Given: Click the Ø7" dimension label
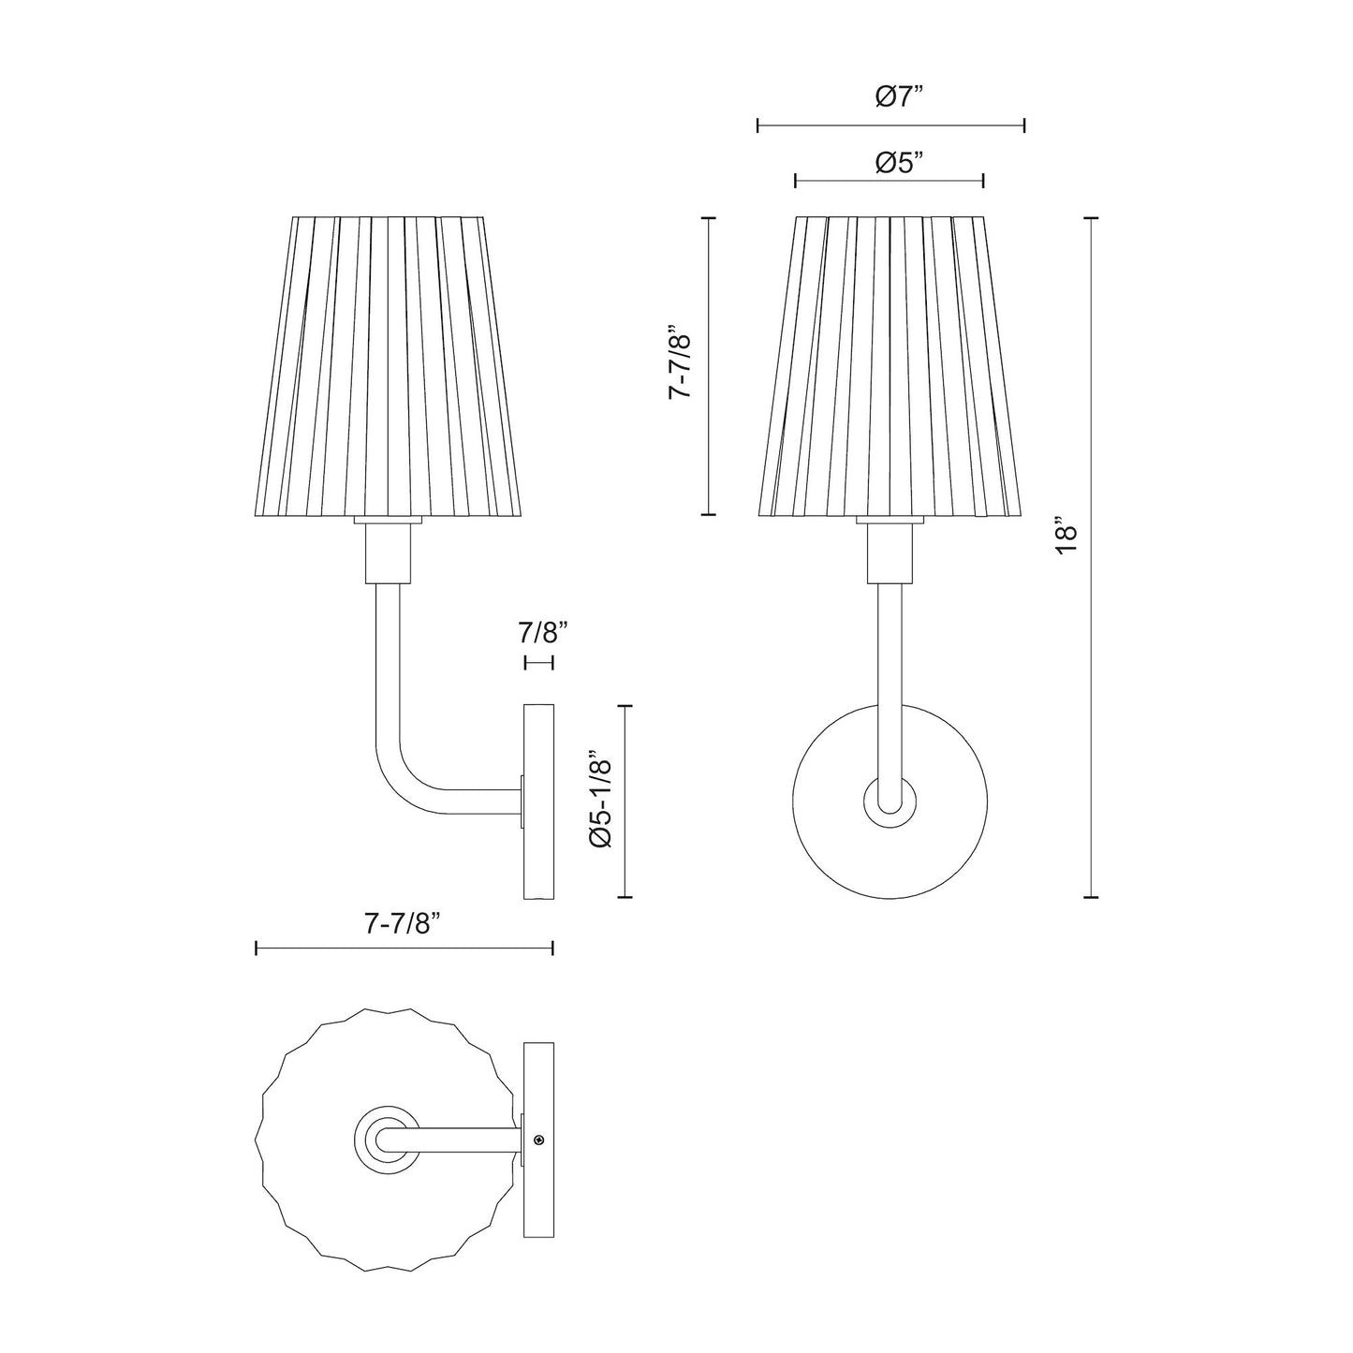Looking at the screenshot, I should tap(899, 96).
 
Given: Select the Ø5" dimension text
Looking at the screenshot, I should tap(899, 163).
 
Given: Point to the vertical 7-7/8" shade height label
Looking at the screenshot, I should tap(681, 364).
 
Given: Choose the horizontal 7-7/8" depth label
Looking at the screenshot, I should tap(402, 924).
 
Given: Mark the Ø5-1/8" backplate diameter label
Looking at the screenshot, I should tap(600, 802).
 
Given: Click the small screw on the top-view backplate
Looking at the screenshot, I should tap(539, 1140).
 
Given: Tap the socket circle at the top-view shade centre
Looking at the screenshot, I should tap(385, 1140).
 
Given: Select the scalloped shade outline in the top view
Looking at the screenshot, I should tap(281, 1217).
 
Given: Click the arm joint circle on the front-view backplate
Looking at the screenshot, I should tap(890, 802).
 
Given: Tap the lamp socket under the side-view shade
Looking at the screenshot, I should tap(385, 552).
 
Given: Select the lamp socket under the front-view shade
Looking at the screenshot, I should tap(890, 552).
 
